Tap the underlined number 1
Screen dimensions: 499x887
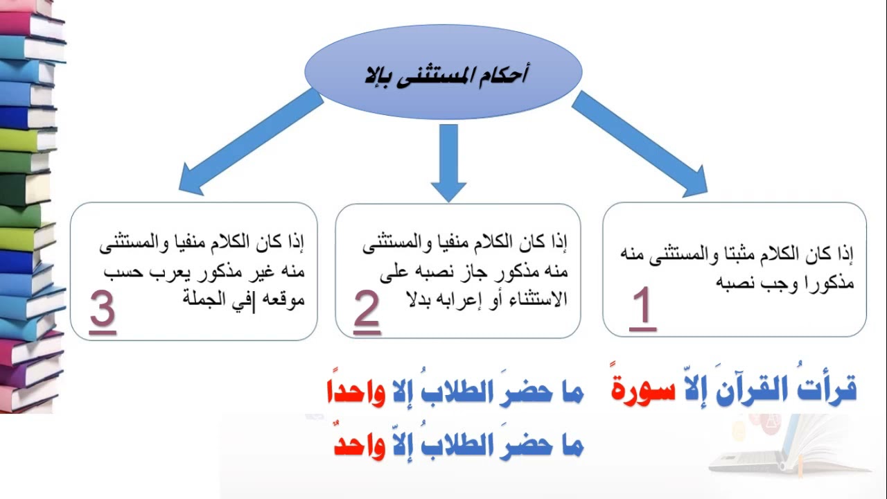click(x=642, y=310)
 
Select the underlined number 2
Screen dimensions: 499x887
click(x=367, y=310)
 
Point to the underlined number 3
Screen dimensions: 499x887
click(x=102, y=310)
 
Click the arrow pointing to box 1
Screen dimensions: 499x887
click(x=638, y=143)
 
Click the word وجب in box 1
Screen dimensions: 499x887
click(x=758, y=283)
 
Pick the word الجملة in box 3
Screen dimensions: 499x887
click(x=206, y=299)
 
